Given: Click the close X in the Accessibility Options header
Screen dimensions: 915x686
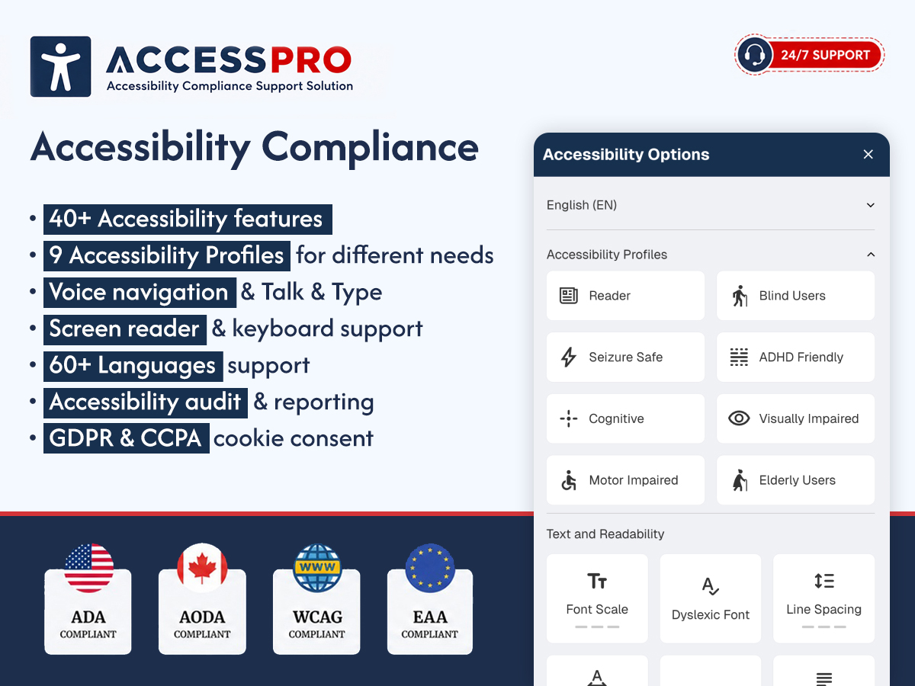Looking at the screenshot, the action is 868,155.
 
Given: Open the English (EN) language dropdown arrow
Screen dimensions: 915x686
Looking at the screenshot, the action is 871,205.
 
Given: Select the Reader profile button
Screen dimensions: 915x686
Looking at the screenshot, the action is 625,296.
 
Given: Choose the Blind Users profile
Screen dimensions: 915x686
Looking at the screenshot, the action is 795,296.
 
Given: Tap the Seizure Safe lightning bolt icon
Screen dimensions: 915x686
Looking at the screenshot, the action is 568,357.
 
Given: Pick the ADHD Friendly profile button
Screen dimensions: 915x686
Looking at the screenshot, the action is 795,357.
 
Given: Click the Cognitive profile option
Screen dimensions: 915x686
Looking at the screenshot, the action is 625,418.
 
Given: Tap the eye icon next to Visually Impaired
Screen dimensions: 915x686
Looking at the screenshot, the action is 739,418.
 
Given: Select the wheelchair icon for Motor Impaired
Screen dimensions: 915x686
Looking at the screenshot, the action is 569,480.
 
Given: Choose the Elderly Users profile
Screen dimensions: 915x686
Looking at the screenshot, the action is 795,480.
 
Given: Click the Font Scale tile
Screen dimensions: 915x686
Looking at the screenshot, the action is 597,598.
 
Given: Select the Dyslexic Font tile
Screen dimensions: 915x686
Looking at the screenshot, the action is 711,598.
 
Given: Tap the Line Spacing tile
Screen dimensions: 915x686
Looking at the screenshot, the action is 823,598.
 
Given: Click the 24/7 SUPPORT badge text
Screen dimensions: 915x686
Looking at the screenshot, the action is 825,55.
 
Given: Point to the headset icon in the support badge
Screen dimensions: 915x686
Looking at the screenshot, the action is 754,55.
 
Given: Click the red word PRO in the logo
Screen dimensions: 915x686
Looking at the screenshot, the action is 311,59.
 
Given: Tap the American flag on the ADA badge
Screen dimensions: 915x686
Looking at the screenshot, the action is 88,568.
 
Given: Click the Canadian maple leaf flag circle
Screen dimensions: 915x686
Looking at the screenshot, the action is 202,568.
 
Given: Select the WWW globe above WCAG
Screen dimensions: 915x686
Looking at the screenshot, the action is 317,568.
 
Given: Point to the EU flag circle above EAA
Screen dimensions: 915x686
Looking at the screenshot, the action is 430,568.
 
